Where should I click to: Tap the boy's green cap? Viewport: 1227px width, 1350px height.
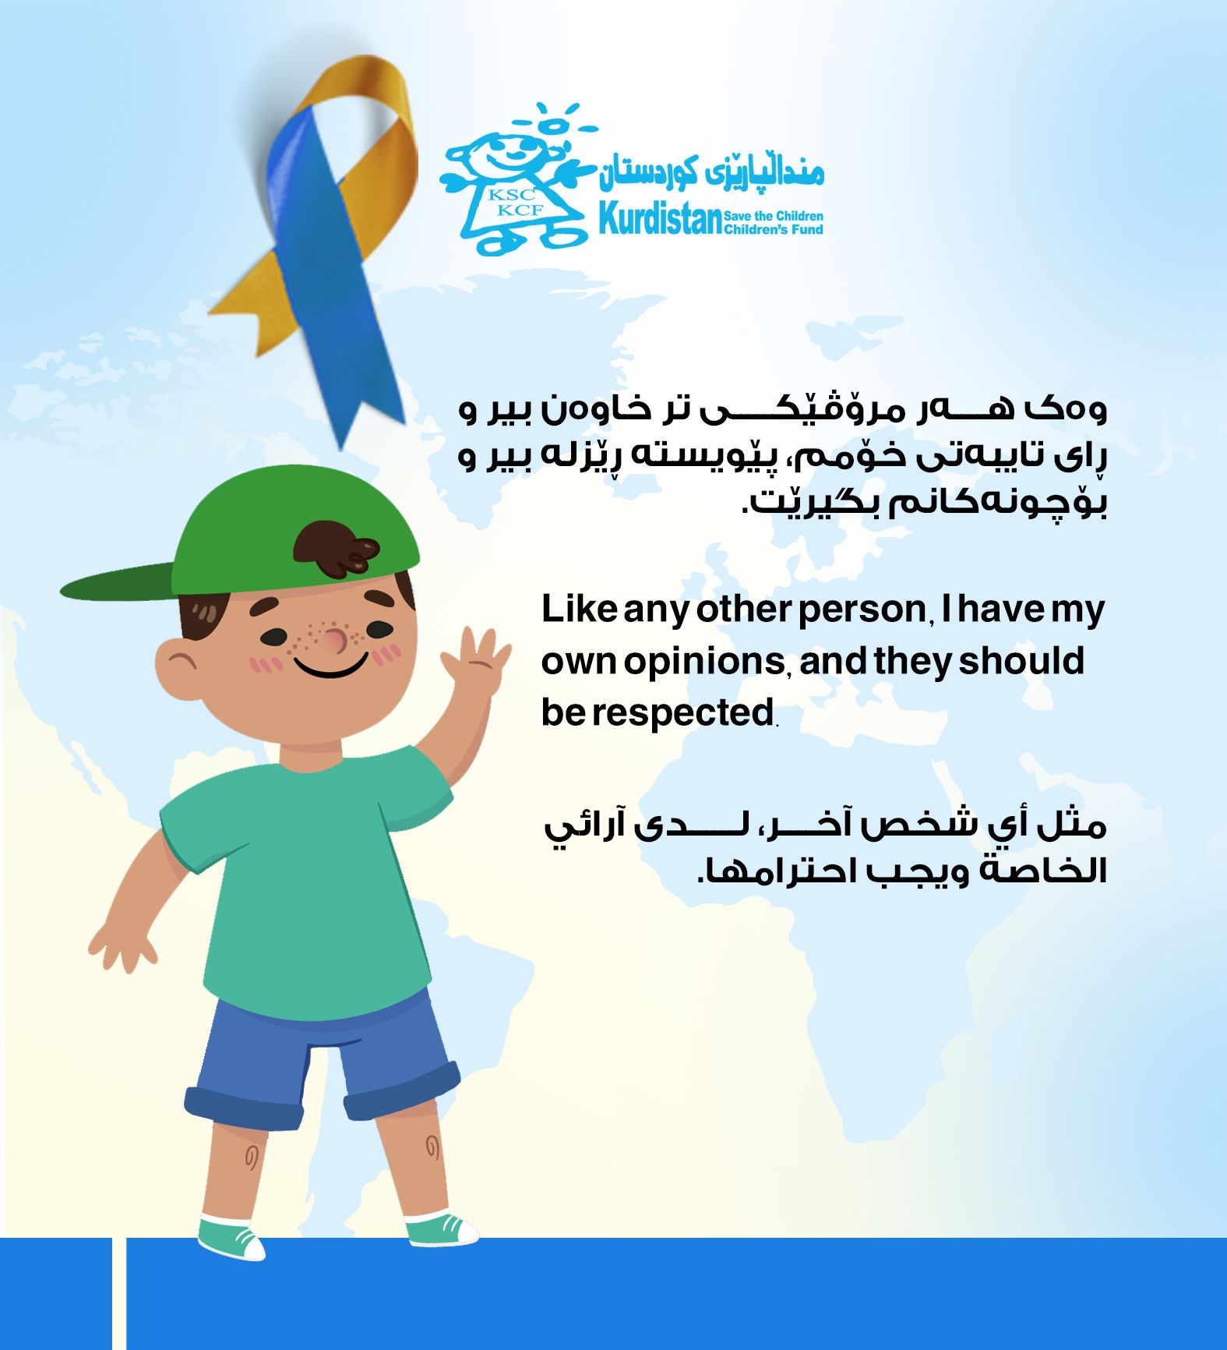tap(257, 538)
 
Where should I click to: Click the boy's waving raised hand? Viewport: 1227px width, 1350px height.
tap(475, 663)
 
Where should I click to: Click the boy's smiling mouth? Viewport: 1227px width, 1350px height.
tap(331, 666)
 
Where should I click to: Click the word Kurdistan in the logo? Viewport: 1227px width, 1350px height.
tap(661, 219)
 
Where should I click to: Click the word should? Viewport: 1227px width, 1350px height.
tap(1021, 660)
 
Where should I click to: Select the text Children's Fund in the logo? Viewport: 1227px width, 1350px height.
tap(774, 229)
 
